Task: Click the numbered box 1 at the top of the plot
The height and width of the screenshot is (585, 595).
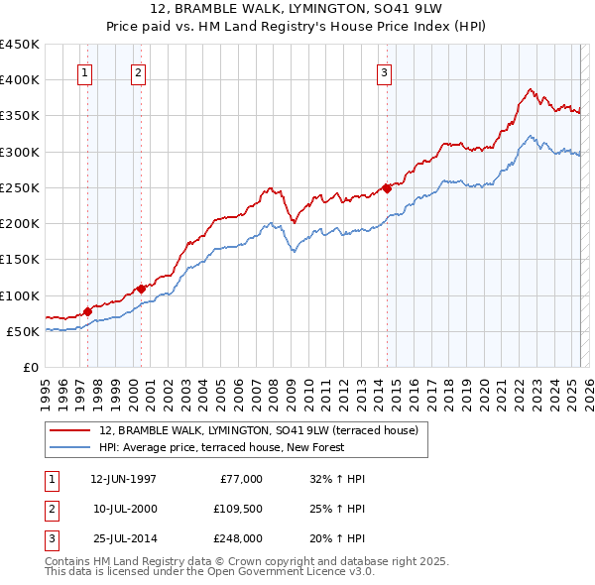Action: point(84,71)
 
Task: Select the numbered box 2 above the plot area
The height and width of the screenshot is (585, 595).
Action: point(138,71)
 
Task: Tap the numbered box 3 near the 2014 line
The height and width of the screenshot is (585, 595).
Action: point(384,71)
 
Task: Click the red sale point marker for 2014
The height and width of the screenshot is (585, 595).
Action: point(387,188)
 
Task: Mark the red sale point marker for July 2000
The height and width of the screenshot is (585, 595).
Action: point(141,289)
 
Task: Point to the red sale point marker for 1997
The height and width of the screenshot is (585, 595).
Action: point(87,311)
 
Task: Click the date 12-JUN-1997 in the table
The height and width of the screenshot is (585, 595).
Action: point(123,479)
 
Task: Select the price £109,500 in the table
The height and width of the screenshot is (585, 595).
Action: point(237,509)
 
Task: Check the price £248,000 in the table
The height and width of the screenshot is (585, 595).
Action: point(237,538)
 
